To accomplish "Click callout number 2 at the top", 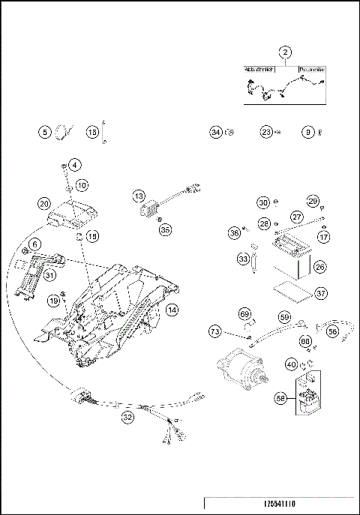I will [x=285, y=52].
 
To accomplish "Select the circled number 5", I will [x=46, y=132].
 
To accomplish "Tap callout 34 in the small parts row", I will [x=216, y=132].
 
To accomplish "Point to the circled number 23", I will [x=267, y=132].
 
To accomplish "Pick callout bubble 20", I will [x=44, y=204].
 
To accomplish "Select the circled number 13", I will [x=139, y=196].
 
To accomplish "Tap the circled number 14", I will [x=172, y=309].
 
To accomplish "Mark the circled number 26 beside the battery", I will [x=320, y=266].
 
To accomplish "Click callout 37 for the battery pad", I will [x=321, y=293].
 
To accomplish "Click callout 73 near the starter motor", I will [x=214, y=331].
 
